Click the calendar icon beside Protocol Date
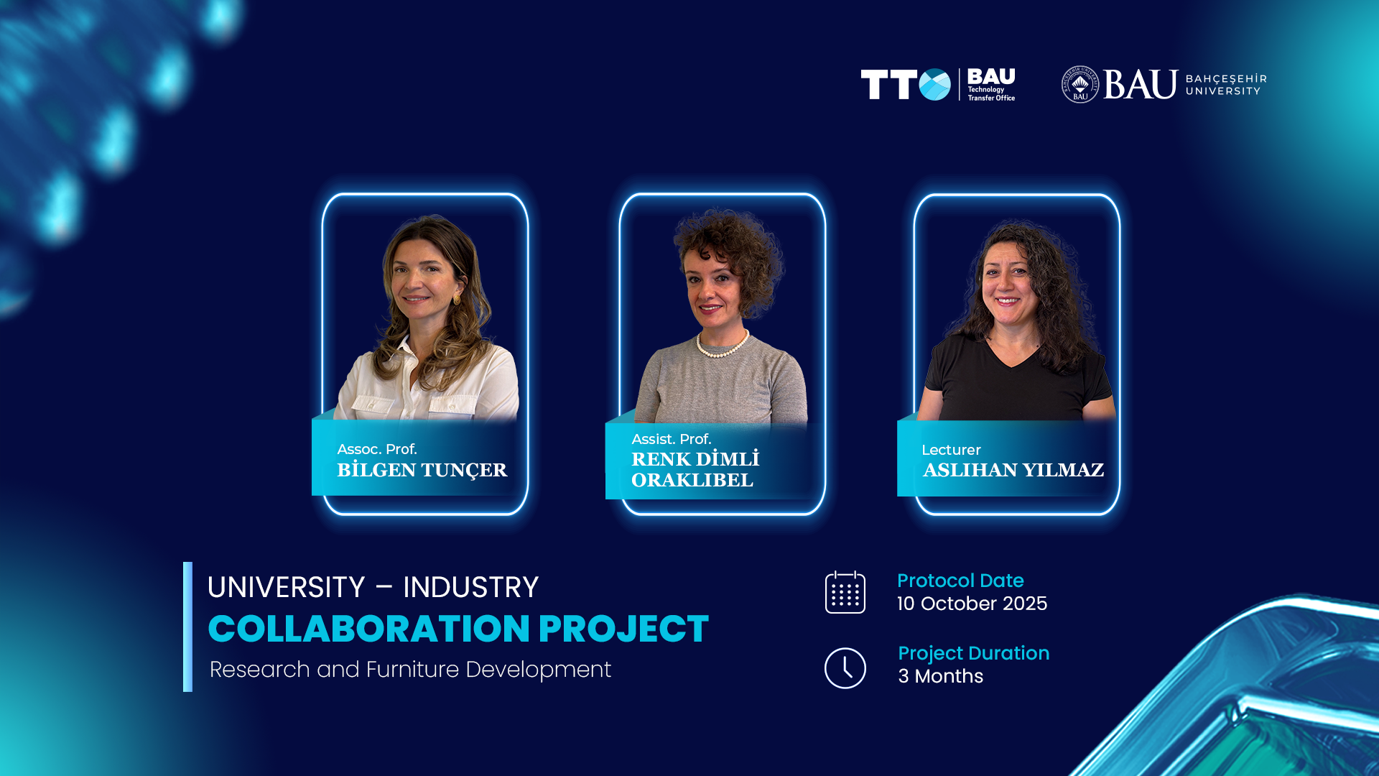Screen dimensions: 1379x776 pyautogui.click(x=845, y=592)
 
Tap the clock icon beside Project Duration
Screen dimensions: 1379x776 pyautogui.click(x=845, y=668)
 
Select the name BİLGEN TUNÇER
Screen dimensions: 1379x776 pyautogui.click(x=422, y=471)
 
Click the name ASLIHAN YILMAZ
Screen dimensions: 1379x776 pyautogui.click(x=1013, y=470)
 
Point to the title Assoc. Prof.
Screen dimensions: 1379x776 pyautogui.click(x=377, y=449)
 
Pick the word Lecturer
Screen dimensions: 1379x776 pyautogui.click(x=951, y=450)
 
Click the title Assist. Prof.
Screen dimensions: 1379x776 pyautogui.click(x=672, y=439)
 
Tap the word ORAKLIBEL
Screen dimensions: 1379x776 pyautogui.click(x=692, y=480)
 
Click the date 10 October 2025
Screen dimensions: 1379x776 pyautogui.click(x=972, y=604)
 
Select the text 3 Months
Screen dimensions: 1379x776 pyautogui.click(x=940, y=676)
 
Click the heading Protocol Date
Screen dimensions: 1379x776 pyautogui.click(x=960, y=581)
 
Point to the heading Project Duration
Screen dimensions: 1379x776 pyautogui.click(x=973, y=653)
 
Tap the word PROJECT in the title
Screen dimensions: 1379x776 pyautogui.click(x=623, y=629)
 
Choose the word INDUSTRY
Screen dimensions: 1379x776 pyautogui.click(x=470, y=588)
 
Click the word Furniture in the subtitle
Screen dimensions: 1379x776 pyautogui.click(x=412, y=670)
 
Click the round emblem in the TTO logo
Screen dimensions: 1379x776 pyautogui.click(x=934, y=85)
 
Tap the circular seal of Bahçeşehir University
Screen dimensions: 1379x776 pyautogui.click(x=1080, y=85)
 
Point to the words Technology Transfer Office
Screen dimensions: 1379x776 pyautogui.click(x=991, y=94)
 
